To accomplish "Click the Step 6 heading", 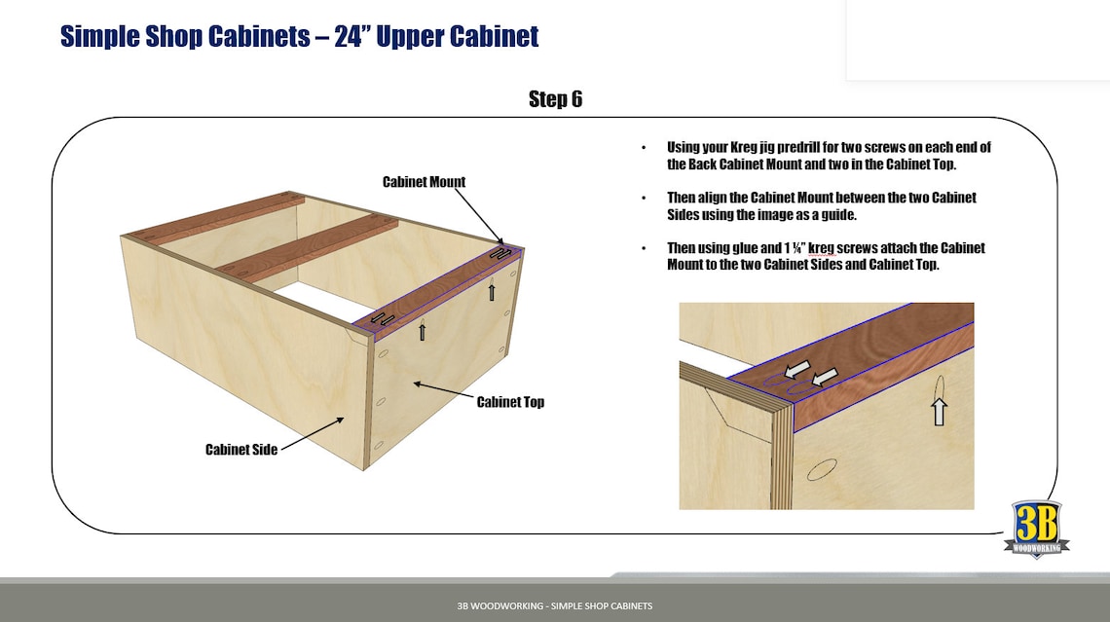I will click(555, 99).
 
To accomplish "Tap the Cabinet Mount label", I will click(424, 182).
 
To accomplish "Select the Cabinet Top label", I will click(510, 402).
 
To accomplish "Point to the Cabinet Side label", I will click(241, 450).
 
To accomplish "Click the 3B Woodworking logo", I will click(1036, 530).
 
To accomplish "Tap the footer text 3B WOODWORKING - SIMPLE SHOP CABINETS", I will click(555, 605).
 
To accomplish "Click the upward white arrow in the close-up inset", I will click(939, 411).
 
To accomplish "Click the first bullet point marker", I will click(643, 148).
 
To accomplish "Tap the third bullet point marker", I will click(643, 248).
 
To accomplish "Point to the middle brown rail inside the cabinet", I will click(307, 247).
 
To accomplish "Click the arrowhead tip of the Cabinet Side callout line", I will click(346, 418).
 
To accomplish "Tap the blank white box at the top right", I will click(978, 39).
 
